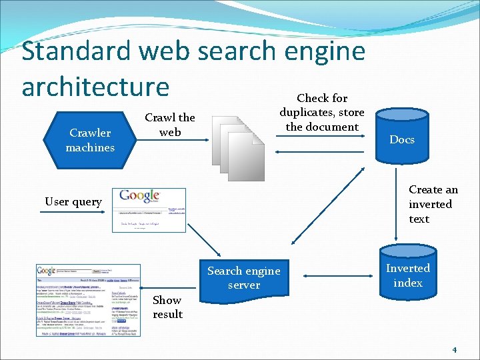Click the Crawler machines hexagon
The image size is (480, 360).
tap(90, 139)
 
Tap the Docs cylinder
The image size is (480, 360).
tap(402, 139)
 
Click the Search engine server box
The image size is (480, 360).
tap(243, 278)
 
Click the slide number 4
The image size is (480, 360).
tap(454, 349)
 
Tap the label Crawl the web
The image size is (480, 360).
tap(170, 125)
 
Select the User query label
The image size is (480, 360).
tap(73, 201)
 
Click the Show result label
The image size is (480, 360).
tap(167, 307)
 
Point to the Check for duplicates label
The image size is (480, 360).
tap(322, 112)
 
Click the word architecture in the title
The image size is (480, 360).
tap(95, 86)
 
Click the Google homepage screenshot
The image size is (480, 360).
tap(149, 209)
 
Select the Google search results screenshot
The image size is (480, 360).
tap(88, 300)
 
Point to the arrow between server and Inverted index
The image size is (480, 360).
tap(333, 273)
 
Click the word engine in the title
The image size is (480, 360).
tap(325, 51)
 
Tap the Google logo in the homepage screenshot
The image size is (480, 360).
tap(139, 195)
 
